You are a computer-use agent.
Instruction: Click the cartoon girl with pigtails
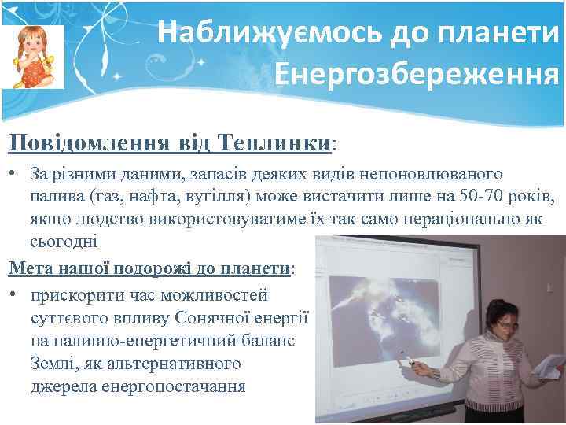point(32,57)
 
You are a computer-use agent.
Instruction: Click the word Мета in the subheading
point(28,268)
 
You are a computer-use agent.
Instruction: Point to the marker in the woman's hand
point(408,361)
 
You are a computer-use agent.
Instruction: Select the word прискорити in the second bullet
point(70,297)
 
